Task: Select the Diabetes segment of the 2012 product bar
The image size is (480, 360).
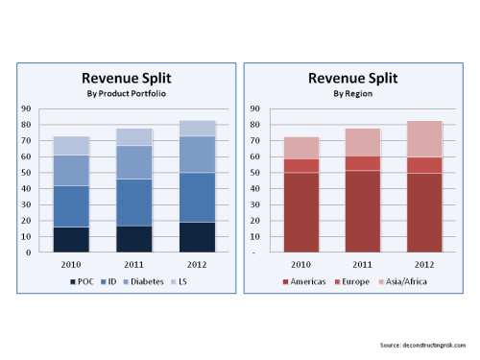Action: click(x=196, y=154)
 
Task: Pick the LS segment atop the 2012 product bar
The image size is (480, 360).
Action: click(x=196, y=128)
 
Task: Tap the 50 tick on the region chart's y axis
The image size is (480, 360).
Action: click(x=255, y=173)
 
